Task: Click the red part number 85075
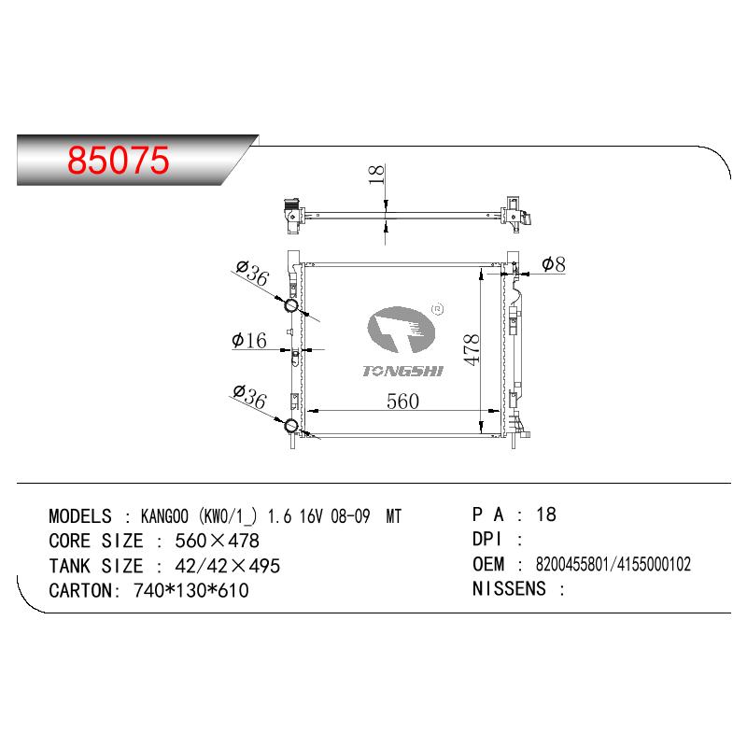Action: (119, 160)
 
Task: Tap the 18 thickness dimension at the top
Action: (376, 175)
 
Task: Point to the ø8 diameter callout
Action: (554, 264)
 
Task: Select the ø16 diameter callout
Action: (249, 340)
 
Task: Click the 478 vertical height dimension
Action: (472, 350)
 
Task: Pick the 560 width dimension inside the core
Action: (403, 402)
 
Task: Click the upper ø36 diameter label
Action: (252, 273)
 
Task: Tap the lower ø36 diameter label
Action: (249, 397)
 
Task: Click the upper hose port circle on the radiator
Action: (291, 305)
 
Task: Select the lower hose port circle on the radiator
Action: (291, 426)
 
